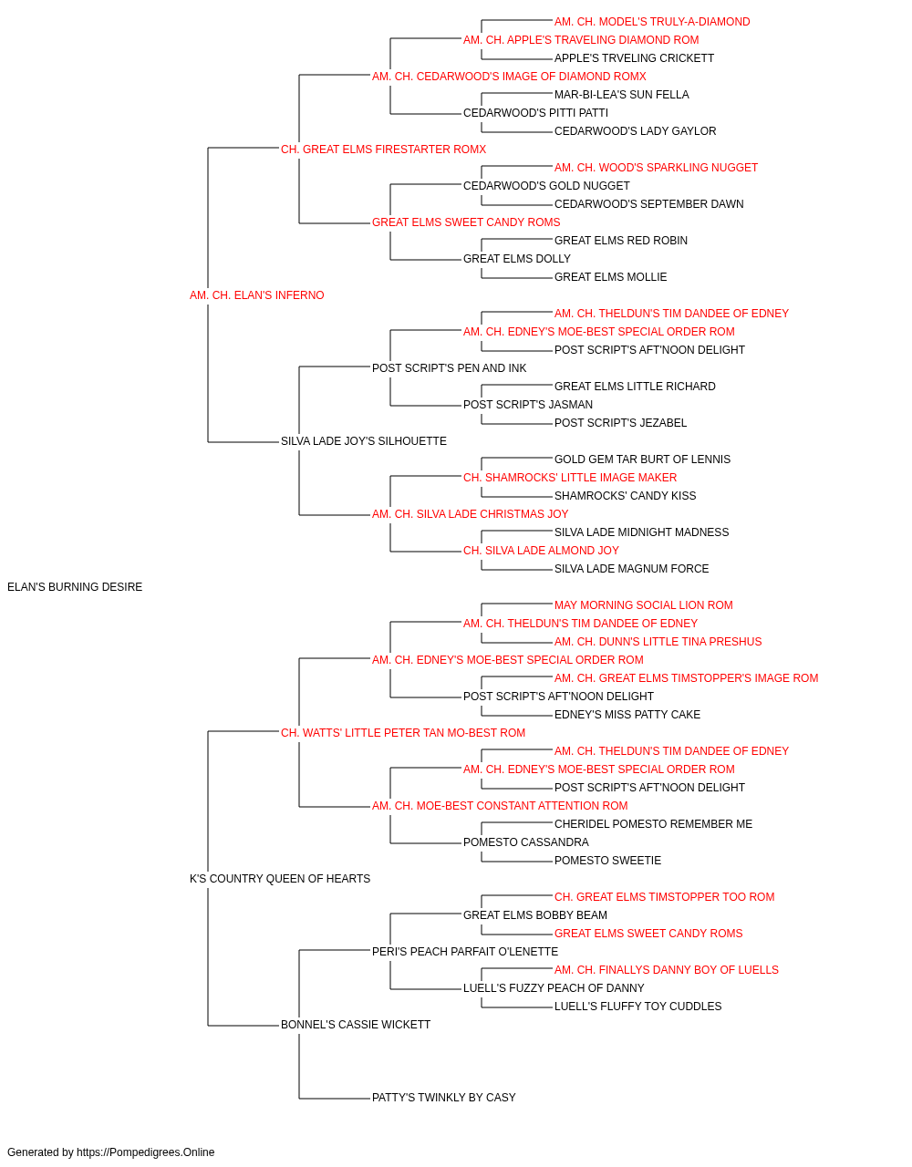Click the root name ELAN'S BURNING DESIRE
pos(75,587)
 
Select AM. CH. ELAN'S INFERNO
pos(257,295)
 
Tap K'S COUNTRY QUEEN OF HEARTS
pos(280,879)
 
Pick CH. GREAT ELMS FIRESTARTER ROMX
pos(383,150)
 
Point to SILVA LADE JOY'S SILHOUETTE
pos(364,441)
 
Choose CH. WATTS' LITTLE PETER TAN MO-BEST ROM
pos(403,733)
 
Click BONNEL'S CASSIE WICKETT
pos(356,1025)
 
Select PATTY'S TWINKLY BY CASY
pos(443,1098)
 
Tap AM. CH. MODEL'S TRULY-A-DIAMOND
pos(652,22)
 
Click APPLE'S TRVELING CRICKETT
pos(635,58)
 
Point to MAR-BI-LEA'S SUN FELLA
pos(621,95)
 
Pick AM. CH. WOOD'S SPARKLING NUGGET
pos(656,168)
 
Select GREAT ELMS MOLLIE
pos(611,277)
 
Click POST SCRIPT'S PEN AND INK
pos(449,368)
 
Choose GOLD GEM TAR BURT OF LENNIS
pos(642,460)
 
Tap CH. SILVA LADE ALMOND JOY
pos(541,551)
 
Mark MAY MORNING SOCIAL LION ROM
pos(644,605)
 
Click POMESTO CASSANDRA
pos(526,842)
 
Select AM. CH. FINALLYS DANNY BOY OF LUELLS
pos(667,970)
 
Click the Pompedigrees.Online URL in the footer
pos(146,1152)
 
